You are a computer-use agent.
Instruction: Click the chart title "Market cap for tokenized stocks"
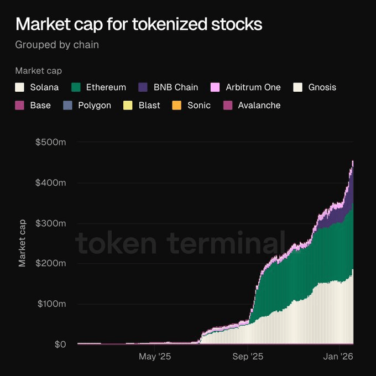click(x=139, y=24)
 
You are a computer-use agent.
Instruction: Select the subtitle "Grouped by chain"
click(x=57, y=45)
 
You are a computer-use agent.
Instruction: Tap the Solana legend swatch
click(x=20, y=87)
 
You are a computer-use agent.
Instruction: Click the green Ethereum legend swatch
click(x=76, y=87)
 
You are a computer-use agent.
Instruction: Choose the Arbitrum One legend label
click(x=253, y=87)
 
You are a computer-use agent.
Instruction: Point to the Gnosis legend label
click(x=322, y=87)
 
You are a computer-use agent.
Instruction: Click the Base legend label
click(x=40, y=105)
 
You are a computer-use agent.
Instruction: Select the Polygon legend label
click(x=95, y=105)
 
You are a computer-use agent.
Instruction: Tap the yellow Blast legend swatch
click(x=127, y=105)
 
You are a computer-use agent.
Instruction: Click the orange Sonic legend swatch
click(x=176, y=105)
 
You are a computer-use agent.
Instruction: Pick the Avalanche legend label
click(x=259, y=105)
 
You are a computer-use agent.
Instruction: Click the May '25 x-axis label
click(x=154, y=357)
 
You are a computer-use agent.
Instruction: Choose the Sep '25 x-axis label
click(x=249, y=357)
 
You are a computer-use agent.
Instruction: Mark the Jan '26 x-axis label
click(x=338, y=357)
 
